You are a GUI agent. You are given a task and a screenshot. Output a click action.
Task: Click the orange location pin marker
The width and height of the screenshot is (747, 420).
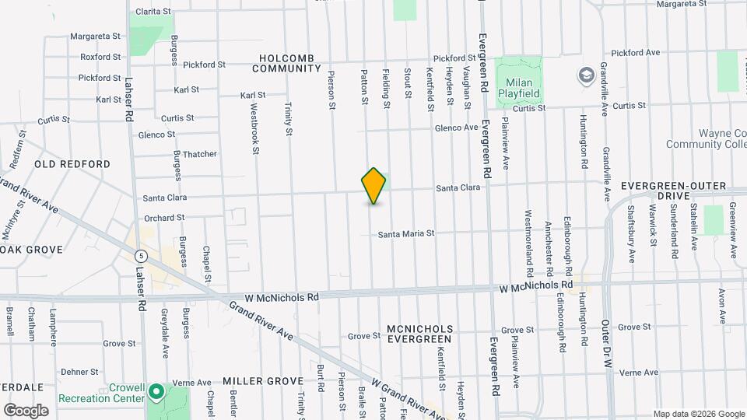[374, 186]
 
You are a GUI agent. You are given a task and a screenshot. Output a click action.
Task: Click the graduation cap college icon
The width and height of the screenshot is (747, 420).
[585, 75]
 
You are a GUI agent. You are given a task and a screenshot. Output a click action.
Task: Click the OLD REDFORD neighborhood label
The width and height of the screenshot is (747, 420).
[72, 164]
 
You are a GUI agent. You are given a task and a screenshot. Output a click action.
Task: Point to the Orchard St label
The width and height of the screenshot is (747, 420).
[163, 218]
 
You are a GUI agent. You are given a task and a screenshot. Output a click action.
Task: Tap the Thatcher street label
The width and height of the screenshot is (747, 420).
[200, 154]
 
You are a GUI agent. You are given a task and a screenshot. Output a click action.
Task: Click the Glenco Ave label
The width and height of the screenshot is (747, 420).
[456, 128]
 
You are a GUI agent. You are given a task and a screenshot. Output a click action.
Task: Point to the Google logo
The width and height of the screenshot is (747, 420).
[26, 410]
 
